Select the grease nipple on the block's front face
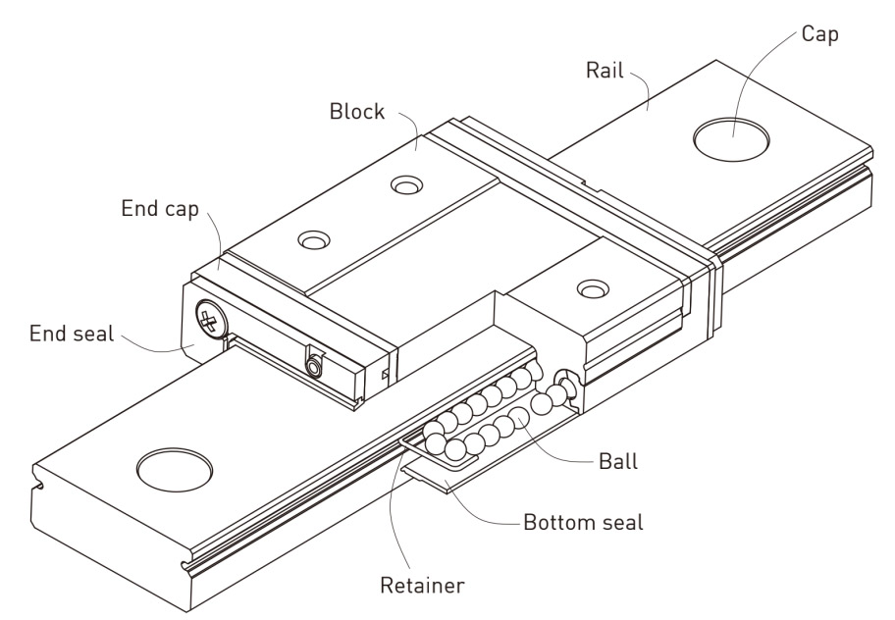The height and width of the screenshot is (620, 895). click(314, 366)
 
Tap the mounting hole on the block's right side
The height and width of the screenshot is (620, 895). click(591, 288)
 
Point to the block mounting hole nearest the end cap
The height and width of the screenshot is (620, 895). click(314, 238)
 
